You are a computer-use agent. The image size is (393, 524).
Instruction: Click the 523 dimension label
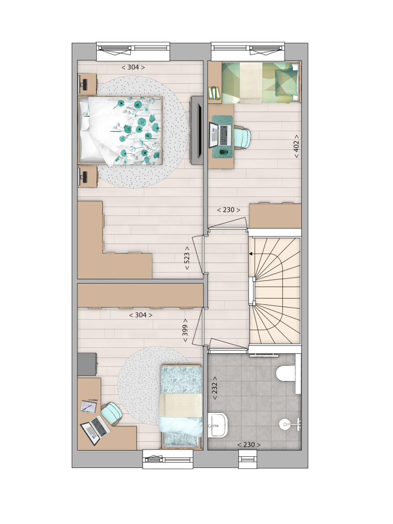[187, 258]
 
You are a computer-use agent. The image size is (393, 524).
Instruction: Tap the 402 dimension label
[296, 146]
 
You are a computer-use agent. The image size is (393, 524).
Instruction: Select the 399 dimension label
[185, 330]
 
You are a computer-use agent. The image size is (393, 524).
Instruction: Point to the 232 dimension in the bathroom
[214, 388]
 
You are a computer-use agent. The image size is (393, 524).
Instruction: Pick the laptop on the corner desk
[95, 430]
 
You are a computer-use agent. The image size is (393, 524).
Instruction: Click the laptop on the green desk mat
[220, 135]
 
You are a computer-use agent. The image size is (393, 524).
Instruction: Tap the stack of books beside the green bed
[214, 93]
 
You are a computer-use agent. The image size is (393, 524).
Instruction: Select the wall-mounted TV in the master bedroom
[197, 130]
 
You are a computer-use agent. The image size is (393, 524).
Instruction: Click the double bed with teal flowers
[121, 131]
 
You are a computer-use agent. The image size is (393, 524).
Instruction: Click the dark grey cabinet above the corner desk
[87, 364]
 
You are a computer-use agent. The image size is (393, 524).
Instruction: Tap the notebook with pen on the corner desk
[89, 406]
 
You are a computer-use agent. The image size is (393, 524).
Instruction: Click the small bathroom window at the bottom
[248, 459]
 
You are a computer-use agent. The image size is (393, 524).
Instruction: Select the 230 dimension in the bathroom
[249, 445]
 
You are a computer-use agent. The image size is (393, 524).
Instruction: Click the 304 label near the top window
[133, 67]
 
